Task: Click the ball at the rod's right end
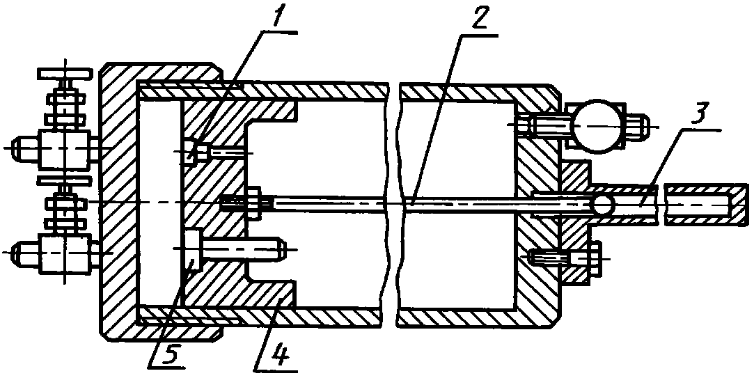604,203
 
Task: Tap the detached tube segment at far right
699,204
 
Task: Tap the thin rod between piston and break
327,203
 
